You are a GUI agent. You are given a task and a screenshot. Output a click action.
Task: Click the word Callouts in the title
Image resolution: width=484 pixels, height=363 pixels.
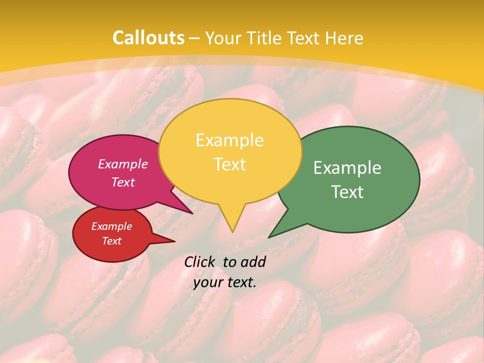coord(148,38)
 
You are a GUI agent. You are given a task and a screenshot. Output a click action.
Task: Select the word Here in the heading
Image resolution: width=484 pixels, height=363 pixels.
coord(345,38)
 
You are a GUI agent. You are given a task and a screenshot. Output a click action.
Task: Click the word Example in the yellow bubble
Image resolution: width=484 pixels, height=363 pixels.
coord(229,140)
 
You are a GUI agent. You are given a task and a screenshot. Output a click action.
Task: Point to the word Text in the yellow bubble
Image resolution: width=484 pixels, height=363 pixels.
coord(229,164)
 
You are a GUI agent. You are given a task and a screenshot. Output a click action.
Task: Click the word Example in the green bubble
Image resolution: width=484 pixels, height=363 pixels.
coord(347,168)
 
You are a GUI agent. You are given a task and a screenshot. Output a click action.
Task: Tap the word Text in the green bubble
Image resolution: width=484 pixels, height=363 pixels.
coord(347,192)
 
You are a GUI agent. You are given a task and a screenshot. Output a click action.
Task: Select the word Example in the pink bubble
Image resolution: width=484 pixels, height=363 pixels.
coord(123,164)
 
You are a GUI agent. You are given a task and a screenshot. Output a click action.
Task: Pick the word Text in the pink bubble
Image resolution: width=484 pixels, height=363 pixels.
coord(123,182)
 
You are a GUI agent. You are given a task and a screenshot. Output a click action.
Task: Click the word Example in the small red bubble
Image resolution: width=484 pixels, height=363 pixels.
coord(111,226)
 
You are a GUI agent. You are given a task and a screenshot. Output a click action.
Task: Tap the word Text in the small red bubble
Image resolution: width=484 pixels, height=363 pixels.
coord(111,241)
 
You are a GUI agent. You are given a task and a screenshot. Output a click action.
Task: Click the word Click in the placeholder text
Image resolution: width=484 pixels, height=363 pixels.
coord(200,262)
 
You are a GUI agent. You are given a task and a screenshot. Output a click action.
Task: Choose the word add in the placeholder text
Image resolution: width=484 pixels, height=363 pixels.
coord(253,262)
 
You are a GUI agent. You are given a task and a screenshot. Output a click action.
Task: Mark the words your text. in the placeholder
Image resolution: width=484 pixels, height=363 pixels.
coord(225,282)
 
